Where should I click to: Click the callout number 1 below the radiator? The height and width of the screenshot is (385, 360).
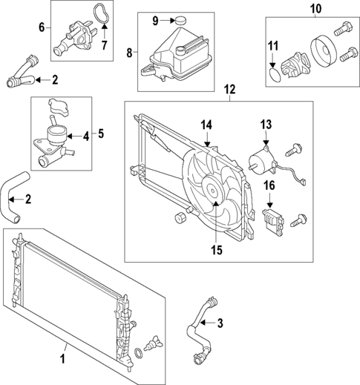[63, 360]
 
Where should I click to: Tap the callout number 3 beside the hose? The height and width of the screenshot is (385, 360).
[220, 323]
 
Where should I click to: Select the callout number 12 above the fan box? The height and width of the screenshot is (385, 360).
[229, 90]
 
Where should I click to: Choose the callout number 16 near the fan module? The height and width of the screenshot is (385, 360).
[271, 186]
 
